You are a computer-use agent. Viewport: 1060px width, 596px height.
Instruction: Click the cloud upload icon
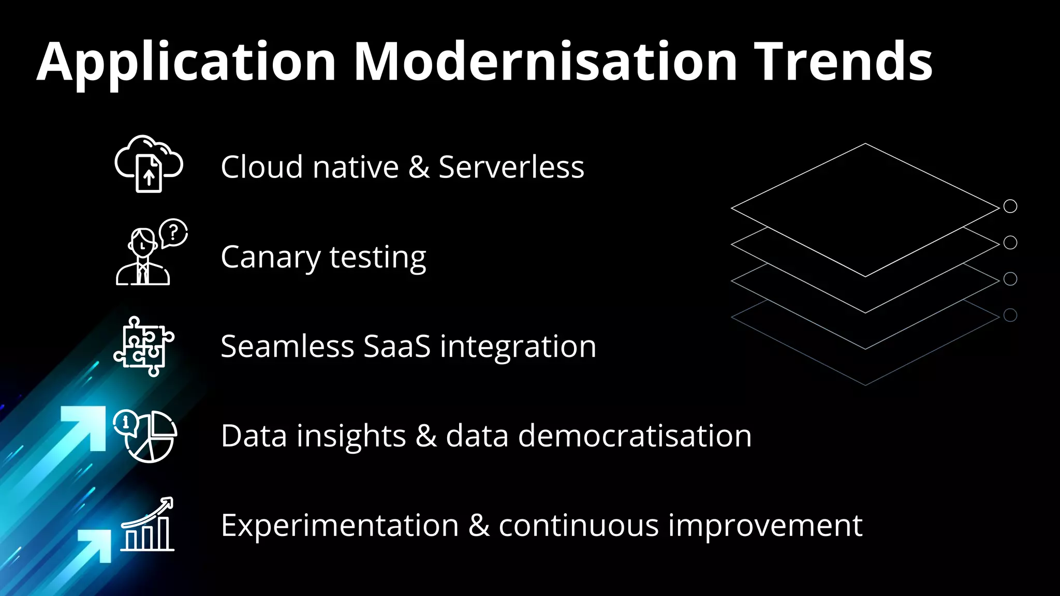(149, 164)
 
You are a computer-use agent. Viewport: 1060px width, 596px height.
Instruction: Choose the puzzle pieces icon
(143, 346)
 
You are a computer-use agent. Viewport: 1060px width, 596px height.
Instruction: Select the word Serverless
(511, 167)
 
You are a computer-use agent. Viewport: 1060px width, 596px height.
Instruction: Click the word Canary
(270, 257)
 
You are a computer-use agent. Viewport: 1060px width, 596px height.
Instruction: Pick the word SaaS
(397, 346)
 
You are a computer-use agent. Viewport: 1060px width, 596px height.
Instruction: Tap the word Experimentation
(340, 526)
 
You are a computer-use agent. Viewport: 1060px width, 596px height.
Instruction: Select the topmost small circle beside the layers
(1010, 206)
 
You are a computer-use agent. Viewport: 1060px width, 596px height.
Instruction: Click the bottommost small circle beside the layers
(1010, 315)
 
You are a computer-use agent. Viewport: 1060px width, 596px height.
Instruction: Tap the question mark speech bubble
(173, 232)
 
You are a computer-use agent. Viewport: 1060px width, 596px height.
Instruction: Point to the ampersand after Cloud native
(419, 167)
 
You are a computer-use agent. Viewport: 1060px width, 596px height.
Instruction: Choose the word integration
(518, 346)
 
